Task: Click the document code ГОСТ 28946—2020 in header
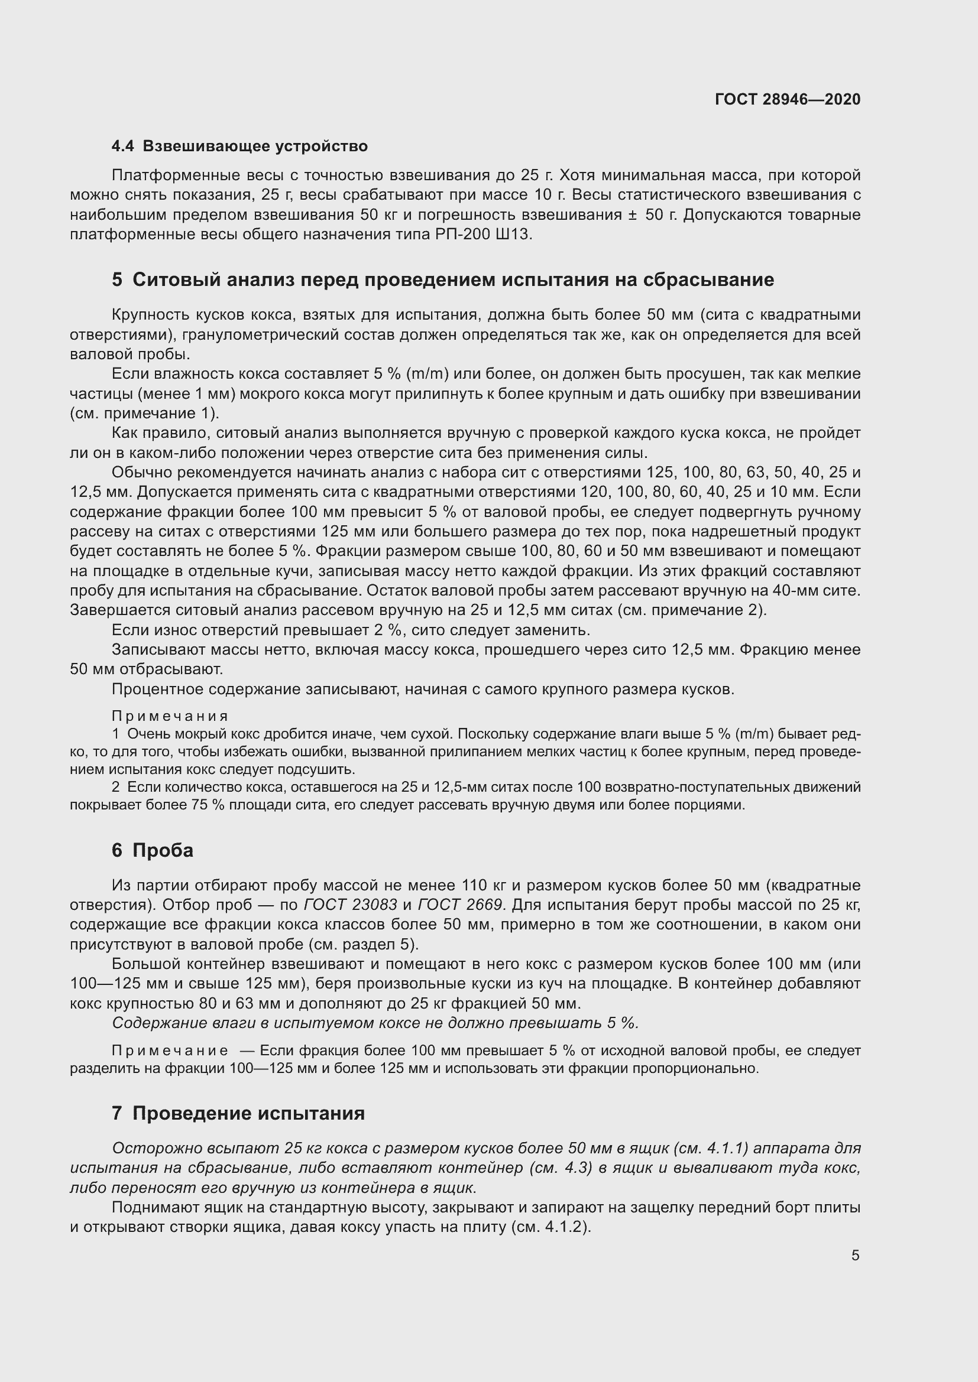click(787, 99)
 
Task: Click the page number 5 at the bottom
click(855, 1256)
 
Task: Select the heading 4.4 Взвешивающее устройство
click(239, 147)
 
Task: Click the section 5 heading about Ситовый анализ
click(443, 280)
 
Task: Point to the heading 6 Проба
click(153, 850)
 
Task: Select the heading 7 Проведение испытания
click(238, 1113)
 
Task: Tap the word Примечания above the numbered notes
click(170, 716)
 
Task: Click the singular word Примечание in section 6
click(170, 1051)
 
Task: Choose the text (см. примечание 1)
click(144, 414)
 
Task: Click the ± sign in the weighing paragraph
click(632, 215)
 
